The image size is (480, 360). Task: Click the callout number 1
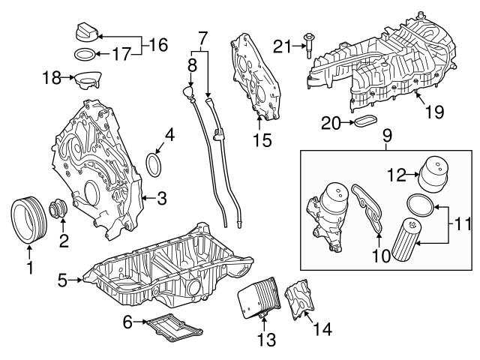(x=30, y=266)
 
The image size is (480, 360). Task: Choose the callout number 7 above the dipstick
(x=200, y=35)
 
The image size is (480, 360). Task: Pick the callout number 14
(x=323, y=328)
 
